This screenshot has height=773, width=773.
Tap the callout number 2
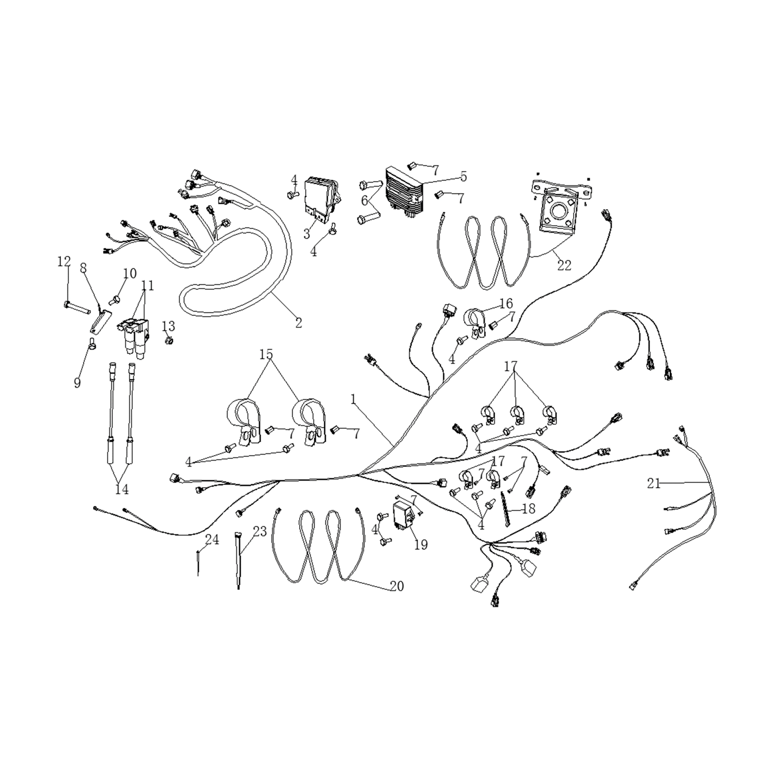pyautogui.click(x=299, y=323)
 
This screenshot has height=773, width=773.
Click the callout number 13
pyautogui.click(x=169, y=326)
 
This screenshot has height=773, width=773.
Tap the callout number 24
pyautogui.click(x=212, y=540)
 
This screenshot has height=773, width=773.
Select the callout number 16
pyautogui.click(x=506, y=304)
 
